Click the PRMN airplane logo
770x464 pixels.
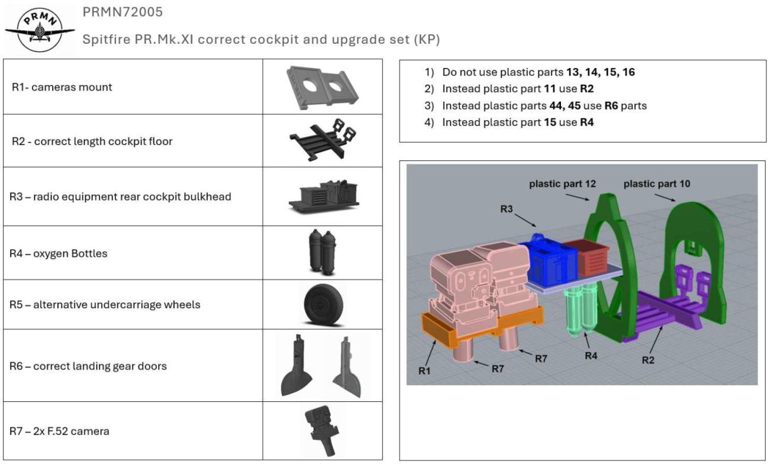click(39, 30)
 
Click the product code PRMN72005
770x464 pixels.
click(123, 12)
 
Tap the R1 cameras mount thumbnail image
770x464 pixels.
click(323, 86)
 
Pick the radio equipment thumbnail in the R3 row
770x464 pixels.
click(323, 195)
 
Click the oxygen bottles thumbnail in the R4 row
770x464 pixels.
click(323, 252)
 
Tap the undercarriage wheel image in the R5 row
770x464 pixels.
click(323, 305)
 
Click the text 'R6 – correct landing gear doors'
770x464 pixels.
click(88, 366)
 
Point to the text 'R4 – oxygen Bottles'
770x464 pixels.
click(58, 253)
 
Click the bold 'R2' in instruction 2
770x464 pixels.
click(586, 89)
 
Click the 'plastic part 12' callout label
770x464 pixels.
click(562, 185)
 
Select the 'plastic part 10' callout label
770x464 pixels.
click(656, 185)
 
